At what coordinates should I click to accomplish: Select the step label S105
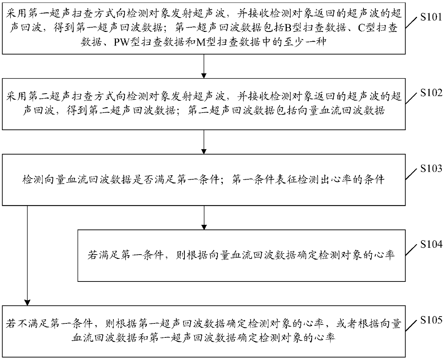(x=430, y=320)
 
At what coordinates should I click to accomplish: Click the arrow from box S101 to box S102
(x=204, y=67)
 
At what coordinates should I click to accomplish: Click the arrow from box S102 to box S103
(x=204, y=142)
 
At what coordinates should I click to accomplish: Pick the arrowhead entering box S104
(x=204, y=227)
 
